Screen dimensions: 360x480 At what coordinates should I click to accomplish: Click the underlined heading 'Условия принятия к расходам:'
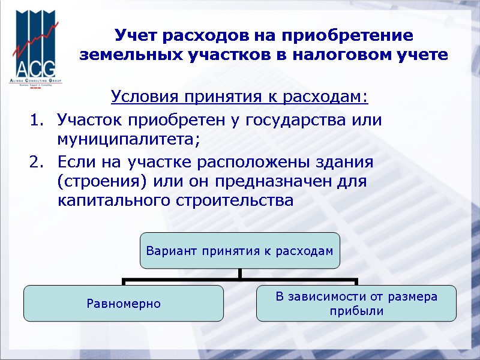coord(239,97)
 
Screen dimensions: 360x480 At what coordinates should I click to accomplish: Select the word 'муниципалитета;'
coord(127,140)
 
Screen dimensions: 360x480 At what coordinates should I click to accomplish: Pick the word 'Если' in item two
coord(74,162)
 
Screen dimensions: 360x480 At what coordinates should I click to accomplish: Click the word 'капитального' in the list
coord(110,200)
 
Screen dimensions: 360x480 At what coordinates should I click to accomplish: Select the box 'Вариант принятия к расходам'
coord(240,250)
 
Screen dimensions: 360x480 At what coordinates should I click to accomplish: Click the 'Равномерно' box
coord(124,303)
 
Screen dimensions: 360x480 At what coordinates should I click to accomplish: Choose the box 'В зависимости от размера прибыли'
coord(356,303)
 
